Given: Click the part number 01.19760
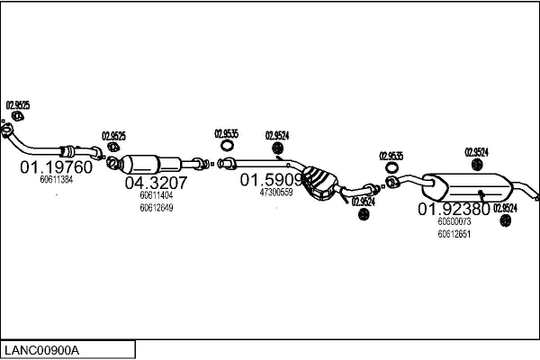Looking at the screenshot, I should point(56,167).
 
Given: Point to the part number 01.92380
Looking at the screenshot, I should point(454,209).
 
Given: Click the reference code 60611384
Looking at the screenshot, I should point(56,180).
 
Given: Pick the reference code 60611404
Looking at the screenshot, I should point(156,194).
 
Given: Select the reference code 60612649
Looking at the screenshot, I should point(156,208).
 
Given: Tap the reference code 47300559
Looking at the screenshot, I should point(276,193).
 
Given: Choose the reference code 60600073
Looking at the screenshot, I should point(454,221).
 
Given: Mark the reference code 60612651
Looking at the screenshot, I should point(454,234).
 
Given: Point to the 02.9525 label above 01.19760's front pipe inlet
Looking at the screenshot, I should point(18,105).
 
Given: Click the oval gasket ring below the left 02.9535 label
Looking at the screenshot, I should point(228,146).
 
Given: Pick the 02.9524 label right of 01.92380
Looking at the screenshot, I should point(507,209).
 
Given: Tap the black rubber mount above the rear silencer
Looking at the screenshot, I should point(476,165).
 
